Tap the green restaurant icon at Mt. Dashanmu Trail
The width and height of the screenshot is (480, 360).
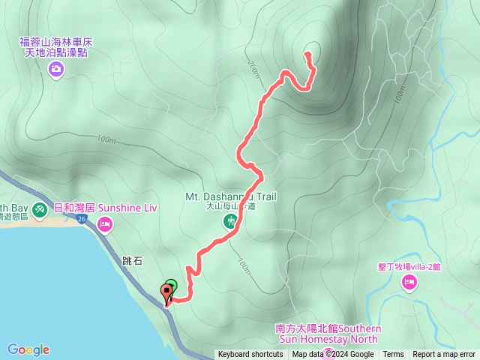(230, 220)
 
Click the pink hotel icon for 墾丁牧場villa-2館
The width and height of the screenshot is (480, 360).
(409, 282)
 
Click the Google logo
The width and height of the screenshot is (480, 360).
(28, 349)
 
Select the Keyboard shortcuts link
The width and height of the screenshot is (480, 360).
(250, 355)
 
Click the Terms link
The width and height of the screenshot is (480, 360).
(393, 355)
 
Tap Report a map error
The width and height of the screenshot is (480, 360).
(444, 355)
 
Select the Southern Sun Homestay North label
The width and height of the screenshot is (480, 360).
(328, 334)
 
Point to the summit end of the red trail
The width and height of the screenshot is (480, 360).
(307, 53)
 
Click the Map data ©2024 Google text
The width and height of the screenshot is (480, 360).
(333, 355)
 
